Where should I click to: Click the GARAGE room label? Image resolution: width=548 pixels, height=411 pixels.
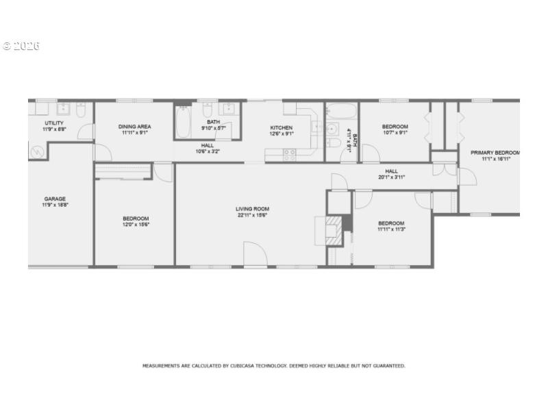pos(55,199)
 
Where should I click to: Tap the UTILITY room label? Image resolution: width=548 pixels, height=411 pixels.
pos(54,123)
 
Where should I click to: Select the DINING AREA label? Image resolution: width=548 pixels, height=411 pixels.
pos(134,127)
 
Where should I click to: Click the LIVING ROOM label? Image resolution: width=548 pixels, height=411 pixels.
pos(252,209)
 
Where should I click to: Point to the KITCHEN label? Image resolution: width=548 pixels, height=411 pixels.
pos(281,127)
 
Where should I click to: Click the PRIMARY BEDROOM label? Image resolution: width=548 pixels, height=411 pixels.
pos(495,152)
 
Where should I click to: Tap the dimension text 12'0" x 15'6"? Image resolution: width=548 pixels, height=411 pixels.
pos(136,225)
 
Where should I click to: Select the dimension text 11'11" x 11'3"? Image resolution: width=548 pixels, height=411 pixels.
pos(391,229)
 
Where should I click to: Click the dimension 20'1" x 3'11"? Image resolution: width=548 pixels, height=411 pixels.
pos(391,177)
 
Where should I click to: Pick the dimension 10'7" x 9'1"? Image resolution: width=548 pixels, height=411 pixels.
pos(395,133)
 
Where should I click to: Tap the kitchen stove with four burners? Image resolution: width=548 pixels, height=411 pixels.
pos(289,155)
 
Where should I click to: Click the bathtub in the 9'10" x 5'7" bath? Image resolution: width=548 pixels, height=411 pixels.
pos(184,122)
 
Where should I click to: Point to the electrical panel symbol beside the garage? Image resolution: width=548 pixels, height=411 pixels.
pos(36,151)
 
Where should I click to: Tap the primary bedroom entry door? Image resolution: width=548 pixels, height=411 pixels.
pos(468,176)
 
